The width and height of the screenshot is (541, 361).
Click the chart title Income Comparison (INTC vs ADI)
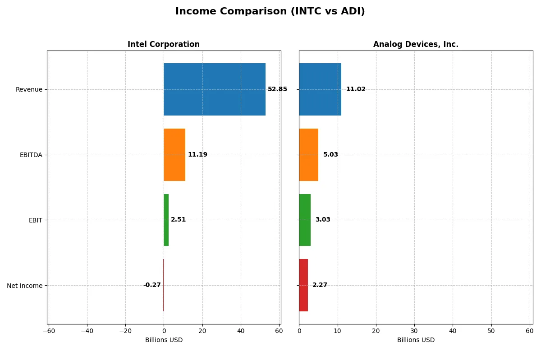270,12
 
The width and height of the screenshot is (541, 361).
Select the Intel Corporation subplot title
163,44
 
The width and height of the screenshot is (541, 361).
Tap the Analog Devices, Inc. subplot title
415,44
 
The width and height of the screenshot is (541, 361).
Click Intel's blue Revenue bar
214,89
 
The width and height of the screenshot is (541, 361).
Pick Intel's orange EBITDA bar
174,155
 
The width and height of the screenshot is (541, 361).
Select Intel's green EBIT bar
166,220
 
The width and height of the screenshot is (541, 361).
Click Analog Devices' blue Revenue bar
320,89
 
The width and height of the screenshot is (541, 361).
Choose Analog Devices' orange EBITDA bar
308,155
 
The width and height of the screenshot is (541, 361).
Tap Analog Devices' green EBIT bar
305,220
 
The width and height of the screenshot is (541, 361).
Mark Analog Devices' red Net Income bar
303,285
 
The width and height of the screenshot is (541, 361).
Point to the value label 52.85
277,89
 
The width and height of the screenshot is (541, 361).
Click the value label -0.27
152,285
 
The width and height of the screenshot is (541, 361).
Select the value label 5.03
330,155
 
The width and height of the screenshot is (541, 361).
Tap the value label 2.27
320,285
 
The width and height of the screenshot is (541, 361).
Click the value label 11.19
197,155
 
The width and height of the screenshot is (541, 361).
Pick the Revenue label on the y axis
29,89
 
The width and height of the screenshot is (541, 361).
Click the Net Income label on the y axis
25,285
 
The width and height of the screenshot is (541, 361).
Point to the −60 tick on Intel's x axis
49,331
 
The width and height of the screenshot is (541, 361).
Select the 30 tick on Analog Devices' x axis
414,331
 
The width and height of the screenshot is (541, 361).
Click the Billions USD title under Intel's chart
164,340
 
